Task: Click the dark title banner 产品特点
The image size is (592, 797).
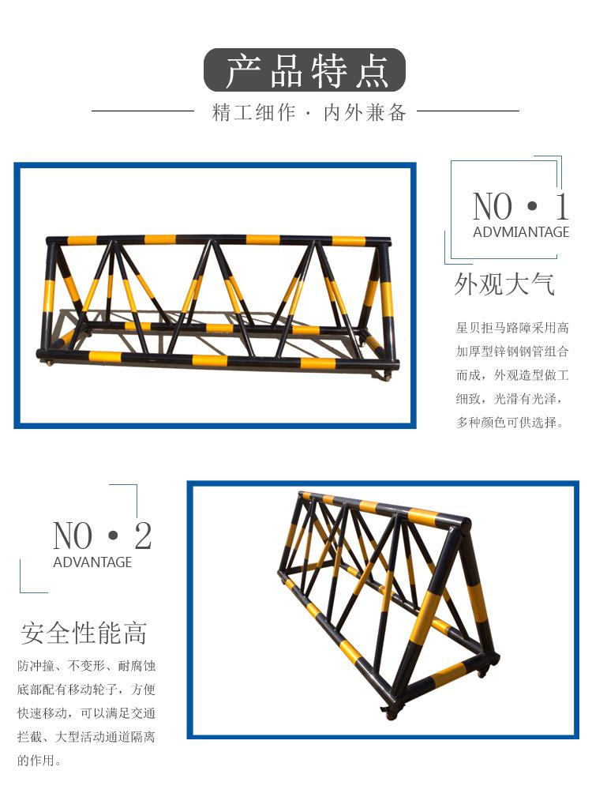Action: [305, 70]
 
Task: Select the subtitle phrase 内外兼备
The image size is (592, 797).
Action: [365, 112]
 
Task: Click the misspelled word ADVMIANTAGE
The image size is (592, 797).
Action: [521, 232]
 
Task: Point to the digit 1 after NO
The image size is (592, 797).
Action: [561, 206]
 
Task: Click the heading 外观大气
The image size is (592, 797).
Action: [504, 284]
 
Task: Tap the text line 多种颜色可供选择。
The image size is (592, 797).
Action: [510, 423]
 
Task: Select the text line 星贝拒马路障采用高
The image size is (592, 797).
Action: [512, 328]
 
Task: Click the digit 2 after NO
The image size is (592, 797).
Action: [143, 536]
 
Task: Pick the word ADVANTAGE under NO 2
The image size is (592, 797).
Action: [92, 562]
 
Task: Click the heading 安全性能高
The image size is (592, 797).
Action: [84, 633]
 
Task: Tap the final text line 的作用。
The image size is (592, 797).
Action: [39, 761]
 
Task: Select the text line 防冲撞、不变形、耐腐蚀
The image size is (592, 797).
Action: [86, 666]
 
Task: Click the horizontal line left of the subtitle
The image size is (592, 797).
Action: [143, 111]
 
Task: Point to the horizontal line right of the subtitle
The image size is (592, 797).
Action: [468, 111]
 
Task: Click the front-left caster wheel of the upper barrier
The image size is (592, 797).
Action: [49, 363]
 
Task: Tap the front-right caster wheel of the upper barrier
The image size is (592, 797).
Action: [388, 377]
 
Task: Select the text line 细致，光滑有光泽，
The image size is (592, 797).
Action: [510, 399]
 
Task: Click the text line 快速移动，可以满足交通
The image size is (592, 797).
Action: [86, 713]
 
